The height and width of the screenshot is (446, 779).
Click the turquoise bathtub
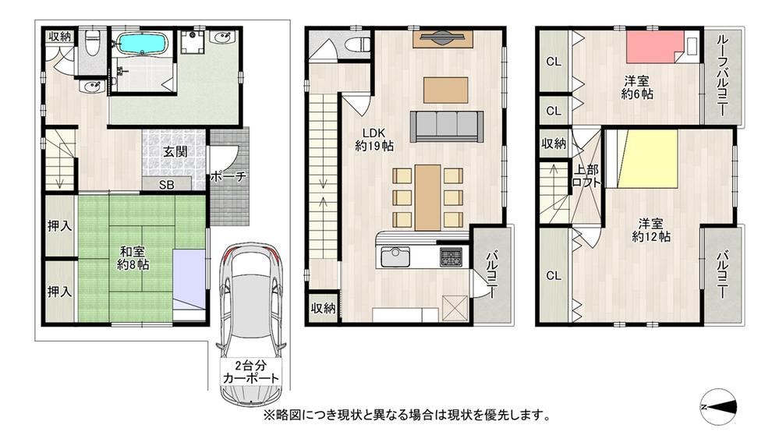(143, 44)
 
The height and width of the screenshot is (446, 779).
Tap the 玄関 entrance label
(175, 152)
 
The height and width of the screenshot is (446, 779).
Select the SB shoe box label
(167, 185)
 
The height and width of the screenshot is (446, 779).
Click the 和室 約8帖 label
(133, 258)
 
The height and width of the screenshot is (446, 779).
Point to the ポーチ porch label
(228, 176)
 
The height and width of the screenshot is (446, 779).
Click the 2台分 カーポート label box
(251, 372)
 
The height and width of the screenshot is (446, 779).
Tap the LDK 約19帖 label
(374, 140)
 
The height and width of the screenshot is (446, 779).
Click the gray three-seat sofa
(447, 126)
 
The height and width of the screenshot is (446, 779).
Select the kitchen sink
(395, 257)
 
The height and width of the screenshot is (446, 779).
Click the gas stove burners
(451, 257)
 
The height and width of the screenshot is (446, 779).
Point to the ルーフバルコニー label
(722, 76)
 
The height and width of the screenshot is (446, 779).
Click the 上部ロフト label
(586, 175)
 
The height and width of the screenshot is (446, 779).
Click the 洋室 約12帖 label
(651, 230)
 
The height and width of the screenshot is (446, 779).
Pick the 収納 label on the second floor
(323, 308)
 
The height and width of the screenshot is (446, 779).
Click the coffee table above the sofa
(445, 90)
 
